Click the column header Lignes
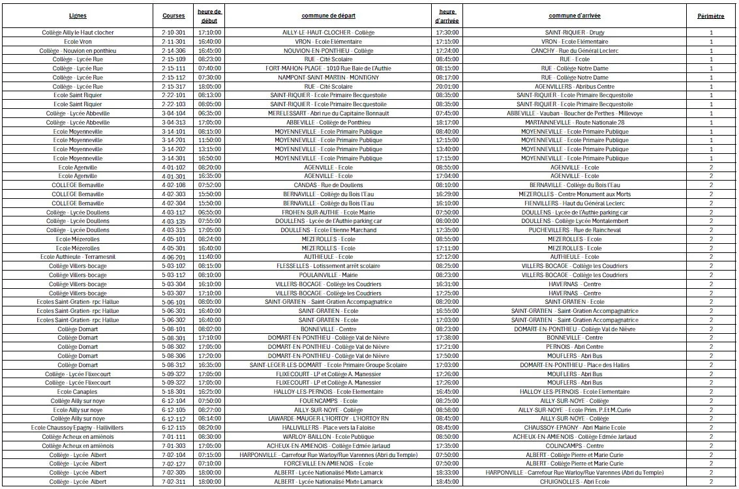(78, 16)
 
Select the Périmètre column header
(710, 16)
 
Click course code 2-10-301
(173, 32)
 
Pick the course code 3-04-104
(173, 113)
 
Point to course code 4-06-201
(173, 257)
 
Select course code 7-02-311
(173, 482)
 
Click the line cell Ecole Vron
(78, 41)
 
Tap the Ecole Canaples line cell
(78, 392)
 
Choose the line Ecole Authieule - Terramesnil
(78, 257)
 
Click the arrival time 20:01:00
(447, 86)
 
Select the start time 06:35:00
(209, 113)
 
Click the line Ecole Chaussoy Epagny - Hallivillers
(78, 428)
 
